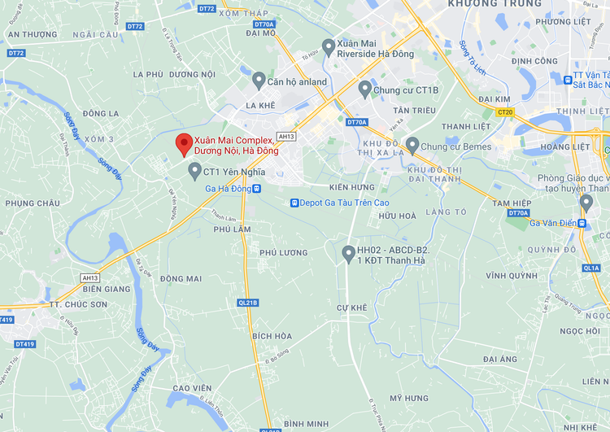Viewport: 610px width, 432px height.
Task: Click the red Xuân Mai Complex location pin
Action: coord(184,144)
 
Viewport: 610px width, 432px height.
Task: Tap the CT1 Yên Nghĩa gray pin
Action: coord(194,171)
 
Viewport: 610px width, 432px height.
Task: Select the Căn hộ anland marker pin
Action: coord(259,81)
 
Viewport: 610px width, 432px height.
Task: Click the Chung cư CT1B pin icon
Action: coord(364,89)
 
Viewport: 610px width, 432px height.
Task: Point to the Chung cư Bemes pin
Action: coord(412,146)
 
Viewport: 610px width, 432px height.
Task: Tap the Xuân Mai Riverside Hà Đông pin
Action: coord(328,46)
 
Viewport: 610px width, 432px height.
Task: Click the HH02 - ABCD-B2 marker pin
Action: coord(348,254)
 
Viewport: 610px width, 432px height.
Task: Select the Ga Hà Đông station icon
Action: coord(257,189)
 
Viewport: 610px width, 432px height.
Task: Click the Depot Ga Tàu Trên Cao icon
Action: coord(294,203)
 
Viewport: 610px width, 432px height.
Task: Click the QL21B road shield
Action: coord(247,303)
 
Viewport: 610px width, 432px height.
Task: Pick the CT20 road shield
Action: coord(504,112)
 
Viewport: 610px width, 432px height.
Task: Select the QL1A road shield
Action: coord(591,268)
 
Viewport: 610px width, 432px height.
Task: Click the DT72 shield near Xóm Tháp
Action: coord(207,9)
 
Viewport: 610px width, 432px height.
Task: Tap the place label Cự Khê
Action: coord(352,308)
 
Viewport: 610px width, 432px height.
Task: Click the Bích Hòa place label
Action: coord(272,336)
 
